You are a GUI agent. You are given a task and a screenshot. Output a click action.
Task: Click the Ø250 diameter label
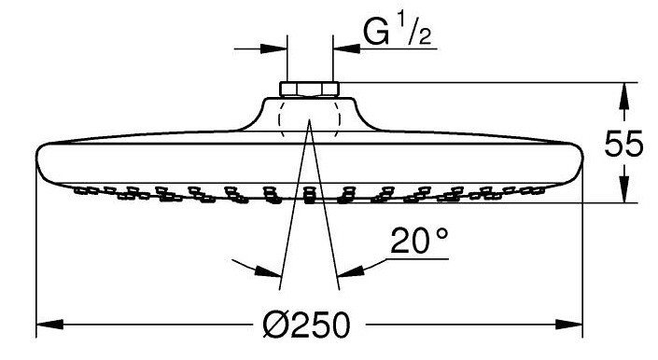(306, 325)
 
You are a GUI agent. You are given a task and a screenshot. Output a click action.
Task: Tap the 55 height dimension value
(623, 144)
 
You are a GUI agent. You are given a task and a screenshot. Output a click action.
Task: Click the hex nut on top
(309, 89)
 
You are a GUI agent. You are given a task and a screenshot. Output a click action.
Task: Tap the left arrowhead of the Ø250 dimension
(50, 324)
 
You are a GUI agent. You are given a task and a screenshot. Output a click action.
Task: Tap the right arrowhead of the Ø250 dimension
(569, 324)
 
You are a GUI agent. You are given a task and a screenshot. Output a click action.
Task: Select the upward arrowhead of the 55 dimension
(624, 97)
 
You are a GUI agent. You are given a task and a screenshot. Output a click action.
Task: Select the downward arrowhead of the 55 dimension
(624, 189)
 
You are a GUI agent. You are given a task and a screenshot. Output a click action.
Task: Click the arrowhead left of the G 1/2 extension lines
(273, 48)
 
